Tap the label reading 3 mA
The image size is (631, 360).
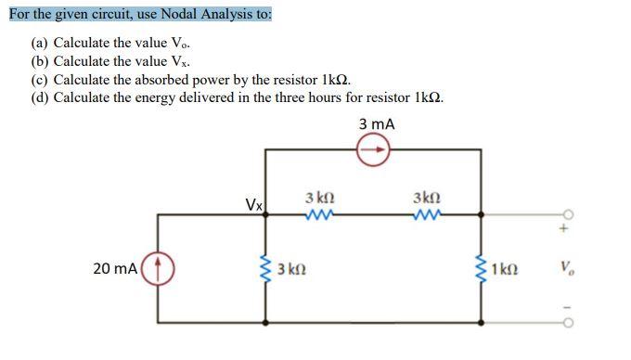[375, 123]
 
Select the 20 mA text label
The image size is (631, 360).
[115, 269]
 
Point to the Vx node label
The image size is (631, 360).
[252, 203]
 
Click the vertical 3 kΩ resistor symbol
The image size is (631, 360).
[267, 270]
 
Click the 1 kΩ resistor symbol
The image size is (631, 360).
[481, 270]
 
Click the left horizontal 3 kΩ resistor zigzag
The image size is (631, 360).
[319, 215]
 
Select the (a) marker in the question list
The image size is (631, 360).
[41, 43]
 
